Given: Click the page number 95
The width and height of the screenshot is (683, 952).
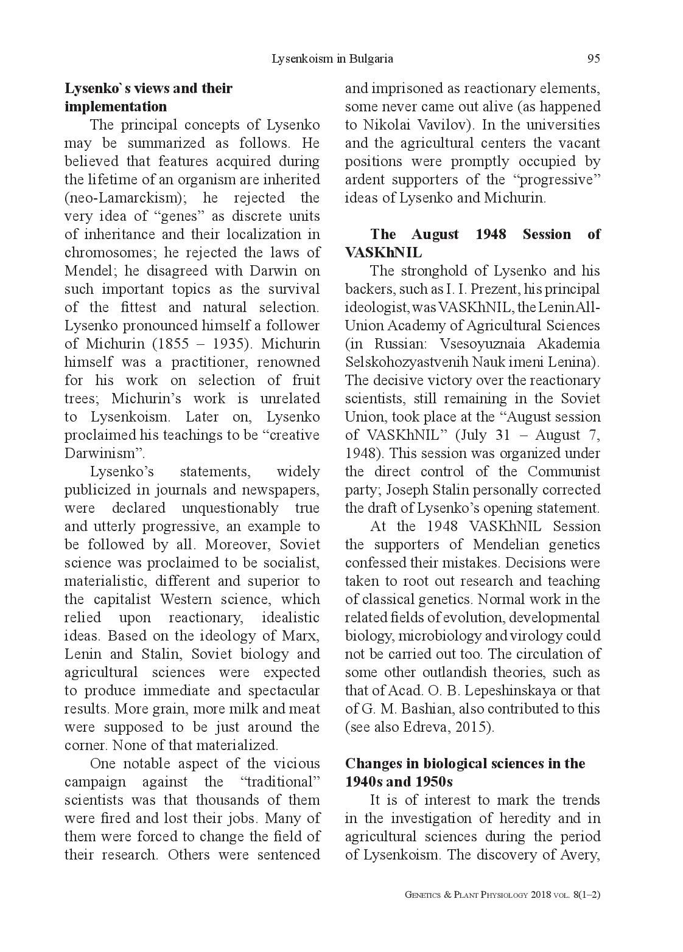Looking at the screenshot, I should click(594, 58).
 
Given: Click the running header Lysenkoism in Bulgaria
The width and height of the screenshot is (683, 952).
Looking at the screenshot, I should click(332, 58).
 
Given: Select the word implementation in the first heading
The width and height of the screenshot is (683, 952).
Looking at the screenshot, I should click(116, 106).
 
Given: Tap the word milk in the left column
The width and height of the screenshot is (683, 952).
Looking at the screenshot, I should click(233, 709).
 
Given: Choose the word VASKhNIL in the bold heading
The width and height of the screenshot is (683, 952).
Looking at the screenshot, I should click(384, 252).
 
